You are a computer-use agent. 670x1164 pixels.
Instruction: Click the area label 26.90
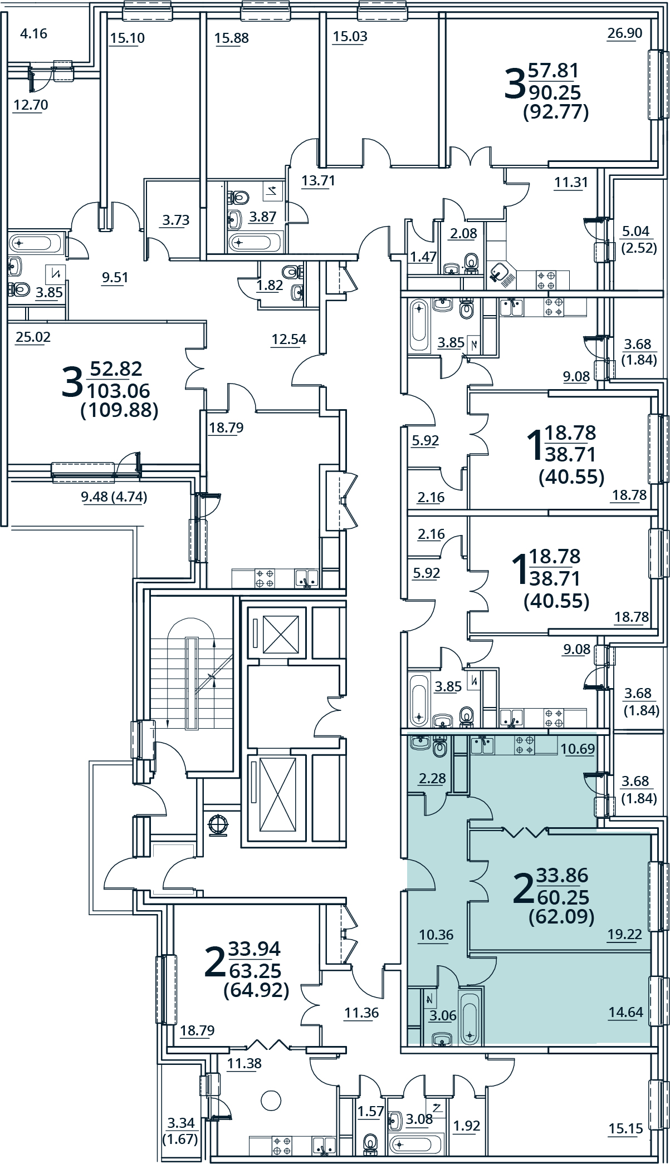point(624,33)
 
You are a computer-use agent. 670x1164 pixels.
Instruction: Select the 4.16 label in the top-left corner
point(33,34)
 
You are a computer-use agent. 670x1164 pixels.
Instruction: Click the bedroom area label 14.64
point(625,1012)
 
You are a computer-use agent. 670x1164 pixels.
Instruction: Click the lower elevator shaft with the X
point(277,797)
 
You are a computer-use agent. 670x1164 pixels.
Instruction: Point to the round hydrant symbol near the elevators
point(218,824)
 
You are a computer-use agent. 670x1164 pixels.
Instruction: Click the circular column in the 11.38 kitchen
point(271,1099)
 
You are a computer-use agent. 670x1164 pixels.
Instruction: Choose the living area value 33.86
point(562,875)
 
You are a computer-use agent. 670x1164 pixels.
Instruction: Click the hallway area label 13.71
point(318,181)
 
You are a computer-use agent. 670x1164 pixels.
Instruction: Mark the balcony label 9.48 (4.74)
point(114,497)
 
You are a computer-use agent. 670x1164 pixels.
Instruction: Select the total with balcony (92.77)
point(556,112)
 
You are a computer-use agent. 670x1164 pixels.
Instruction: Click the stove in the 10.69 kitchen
point(525,745)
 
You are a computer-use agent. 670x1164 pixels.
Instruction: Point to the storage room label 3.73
point(175,220)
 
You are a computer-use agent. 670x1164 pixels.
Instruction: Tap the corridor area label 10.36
point(436,935)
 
